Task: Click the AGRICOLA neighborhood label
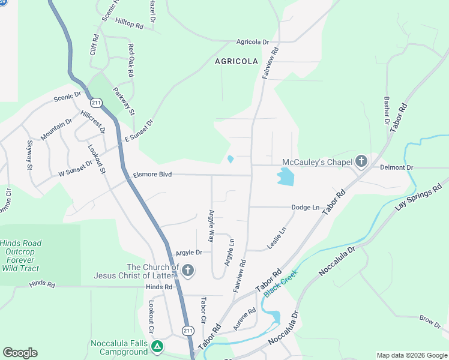pos(237,61)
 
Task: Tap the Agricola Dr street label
pos(253,42)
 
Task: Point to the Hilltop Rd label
pos(130,26)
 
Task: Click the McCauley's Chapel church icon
pos(361,161)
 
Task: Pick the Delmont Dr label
pos(397,167)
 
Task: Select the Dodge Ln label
pos(305,208)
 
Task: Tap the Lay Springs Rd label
pos(418,197)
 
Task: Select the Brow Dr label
pos(430,321)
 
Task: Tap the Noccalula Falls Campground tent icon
pos(157,346)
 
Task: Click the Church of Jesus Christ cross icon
pos(188,271)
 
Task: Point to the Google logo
pos(20,353)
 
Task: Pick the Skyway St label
pos(29,155)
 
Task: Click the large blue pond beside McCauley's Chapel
pos(285,177)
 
